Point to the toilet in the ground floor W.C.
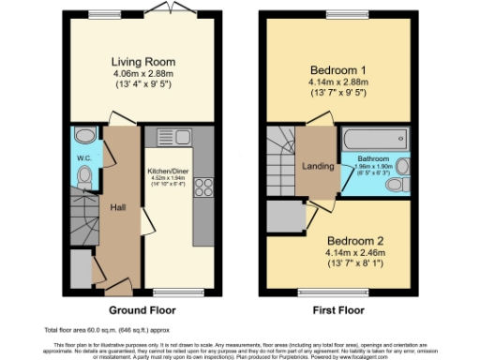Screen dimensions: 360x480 [83, 175]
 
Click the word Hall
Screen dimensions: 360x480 [118, 206]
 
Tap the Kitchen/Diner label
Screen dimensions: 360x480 [170, 171]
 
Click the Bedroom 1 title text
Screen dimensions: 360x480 [338, 69]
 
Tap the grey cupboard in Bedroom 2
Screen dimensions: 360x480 [284, 218]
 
